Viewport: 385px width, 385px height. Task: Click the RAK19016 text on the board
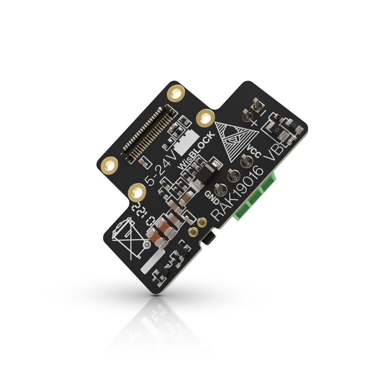(x=239, y=192)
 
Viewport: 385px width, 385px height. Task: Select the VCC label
(x=254, y=152)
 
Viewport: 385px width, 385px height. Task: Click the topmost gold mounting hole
(x=177, y=93)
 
